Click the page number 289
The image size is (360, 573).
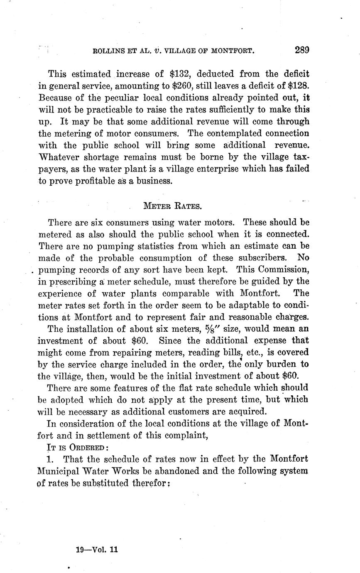click(x=302, y=51)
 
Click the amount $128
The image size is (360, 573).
click(x=297, y=86)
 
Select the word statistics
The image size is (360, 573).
click(x=158, y=246)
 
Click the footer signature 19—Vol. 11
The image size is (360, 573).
click(x=98, y=549)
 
